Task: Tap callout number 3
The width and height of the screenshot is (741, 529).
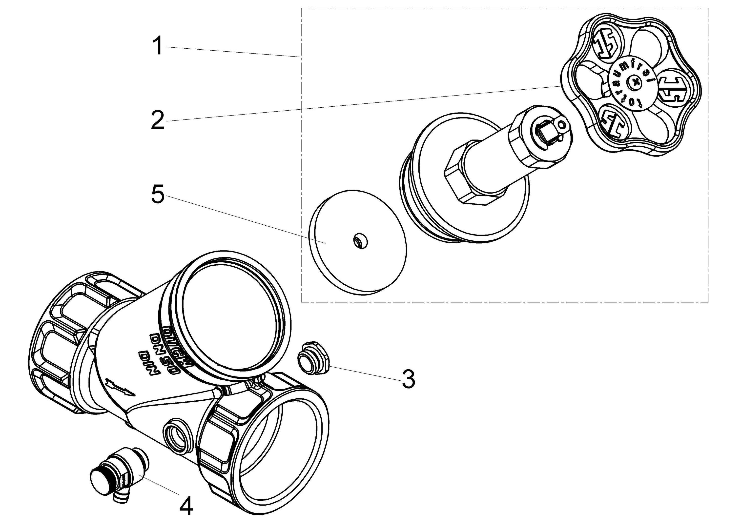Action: point(408,379)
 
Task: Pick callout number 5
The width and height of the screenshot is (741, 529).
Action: point(158,194)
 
